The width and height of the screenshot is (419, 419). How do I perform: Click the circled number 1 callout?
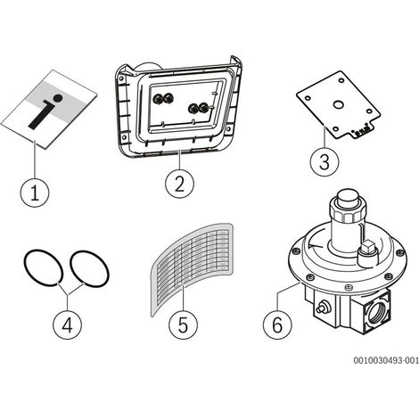35,192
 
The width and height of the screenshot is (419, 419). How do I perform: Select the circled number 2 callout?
179,184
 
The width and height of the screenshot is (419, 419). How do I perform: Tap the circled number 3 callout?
325,162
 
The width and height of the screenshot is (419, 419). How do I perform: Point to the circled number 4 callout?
67,325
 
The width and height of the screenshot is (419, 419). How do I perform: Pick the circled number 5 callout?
183,325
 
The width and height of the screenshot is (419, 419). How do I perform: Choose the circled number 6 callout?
277,325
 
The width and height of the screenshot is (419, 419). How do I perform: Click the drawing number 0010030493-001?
386,360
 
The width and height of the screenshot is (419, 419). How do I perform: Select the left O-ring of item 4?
44,268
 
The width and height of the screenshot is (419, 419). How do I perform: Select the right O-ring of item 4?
89,268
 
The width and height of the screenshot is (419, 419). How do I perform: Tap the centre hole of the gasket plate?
338,104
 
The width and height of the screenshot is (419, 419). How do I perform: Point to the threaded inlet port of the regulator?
378,312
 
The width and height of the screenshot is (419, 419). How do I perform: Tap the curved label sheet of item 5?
192,269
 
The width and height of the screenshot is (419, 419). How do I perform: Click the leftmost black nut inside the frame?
157,98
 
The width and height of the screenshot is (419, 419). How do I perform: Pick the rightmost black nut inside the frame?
203,108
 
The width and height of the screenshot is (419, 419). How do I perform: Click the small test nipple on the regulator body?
321,308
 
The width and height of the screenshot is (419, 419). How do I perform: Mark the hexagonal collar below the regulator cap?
348,212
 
